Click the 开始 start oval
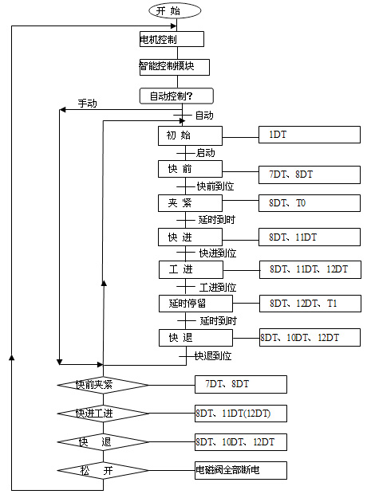tap(175, 11)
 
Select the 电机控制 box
tap(172, 39)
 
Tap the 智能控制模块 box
tap(175, 67)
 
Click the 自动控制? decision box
tap(176, 96)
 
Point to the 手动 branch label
tap(88, 103)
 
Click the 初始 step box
tap(190, 135)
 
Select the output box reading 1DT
tap(310, 135)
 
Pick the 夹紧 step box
tap(190, 203)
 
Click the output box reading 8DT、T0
tap(310, 203)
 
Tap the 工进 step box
tap(191, 269)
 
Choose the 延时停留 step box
tap(195, 304)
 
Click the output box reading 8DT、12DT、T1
tap(310, 304)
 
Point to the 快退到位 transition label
tap(213, 356)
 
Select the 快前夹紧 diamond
tap(103, 385)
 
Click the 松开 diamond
tap(103, 470)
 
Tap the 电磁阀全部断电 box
tap(241, 470)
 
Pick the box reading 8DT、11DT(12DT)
tap(241, 414)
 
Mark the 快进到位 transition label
tap(218, 253)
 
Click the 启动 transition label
tap(206, 153)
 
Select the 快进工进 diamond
tap(103, 414)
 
